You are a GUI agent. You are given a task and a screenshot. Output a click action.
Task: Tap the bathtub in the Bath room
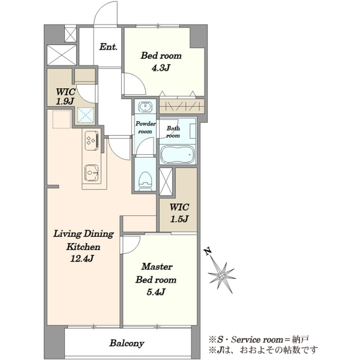178,154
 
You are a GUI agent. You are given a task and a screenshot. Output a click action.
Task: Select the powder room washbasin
145,107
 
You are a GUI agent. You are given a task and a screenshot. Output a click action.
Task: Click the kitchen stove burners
92,140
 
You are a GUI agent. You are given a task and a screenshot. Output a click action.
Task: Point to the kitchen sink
92,173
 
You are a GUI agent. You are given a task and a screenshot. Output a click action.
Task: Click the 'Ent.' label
109,47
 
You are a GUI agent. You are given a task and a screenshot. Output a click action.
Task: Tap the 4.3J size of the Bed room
161,68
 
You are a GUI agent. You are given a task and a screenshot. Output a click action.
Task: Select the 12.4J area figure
82,259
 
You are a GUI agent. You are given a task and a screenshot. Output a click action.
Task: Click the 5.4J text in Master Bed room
156,292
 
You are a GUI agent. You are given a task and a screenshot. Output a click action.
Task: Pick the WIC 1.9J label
65,97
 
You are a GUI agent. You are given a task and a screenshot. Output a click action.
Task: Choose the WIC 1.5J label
179,213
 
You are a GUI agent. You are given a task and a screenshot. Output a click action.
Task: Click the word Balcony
127,343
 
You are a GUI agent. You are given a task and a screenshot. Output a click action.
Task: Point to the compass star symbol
222,275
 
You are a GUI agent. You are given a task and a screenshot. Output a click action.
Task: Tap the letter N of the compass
208,251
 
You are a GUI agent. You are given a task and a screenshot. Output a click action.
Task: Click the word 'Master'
157,266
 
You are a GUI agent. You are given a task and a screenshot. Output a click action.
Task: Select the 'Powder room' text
145,128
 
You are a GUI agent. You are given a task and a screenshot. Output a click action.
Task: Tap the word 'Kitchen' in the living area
83,247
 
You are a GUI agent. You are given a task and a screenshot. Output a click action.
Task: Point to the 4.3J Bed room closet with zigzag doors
182,106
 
